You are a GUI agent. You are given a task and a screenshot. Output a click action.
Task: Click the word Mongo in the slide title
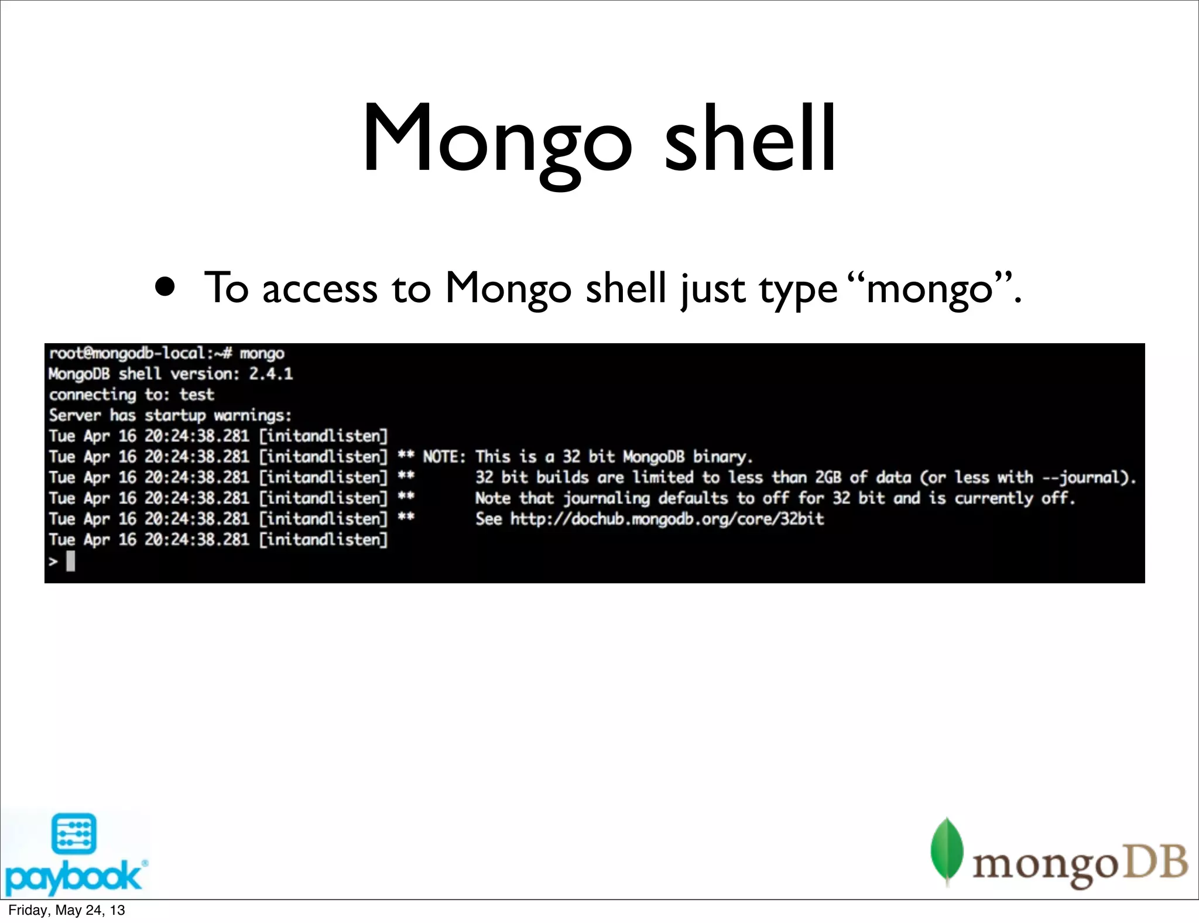496,141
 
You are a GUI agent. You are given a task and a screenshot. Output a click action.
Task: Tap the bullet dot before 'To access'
165,287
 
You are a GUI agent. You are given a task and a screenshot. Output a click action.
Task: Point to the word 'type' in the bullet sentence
799,289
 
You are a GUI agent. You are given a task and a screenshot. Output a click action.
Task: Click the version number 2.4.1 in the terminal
270,374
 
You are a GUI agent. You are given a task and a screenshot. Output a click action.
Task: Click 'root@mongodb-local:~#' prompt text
141,353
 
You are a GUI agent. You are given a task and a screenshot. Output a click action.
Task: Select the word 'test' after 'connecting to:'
197,395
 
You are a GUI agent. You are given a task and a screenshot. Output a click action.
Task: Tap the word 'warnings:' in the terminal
252,415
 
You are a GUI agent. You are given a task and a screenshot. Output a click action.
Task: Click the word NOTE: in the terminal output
444,457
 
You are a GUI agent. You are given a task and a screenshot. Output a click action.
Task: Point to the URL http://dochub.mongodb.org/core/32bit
667,519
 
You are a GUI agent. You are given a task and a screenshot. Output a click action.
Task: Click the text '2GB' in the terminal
828,477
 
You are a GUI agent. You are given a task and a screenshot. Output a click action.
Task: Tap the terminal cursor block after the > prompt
71,562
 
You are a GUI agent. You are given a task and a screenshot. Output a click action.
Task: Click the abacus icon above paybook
74,833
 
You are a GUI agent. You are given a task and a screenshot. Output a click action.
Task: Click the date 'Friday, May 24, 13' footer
67,910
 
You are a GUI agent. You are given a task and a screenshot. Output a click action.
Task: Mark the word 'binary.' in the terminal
722,457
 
